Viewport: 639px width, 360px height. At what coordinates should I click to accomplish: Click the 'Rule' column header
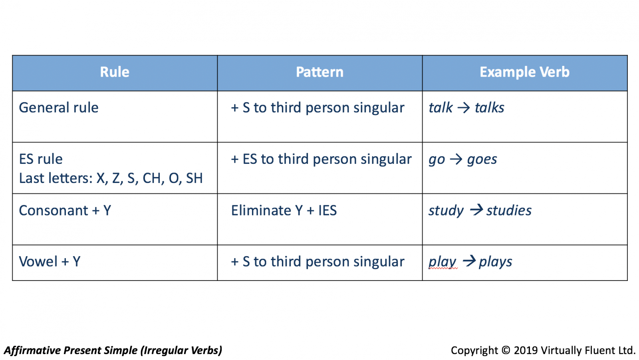click(115, 72)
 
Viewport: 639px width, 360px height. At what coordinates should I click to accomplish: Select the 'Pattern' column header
click(319, 72)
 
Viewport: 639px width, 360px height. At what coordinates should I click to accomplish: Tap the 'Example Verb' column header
click(525, 72)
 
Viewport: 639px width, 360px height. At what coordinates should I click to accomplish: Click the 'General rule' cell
click(59, 107)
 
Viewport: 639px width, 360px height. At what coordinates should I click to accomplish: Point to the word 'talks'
click(490, 107)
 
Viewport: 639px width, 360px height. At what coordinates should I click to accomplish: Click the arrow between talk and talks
click(464, 108)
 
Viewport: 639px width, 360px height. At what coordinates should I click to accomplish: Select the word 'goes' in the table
click(482, 159)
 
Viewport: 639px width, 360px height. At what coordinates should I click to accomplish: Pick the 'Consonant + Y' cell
click(65, 211)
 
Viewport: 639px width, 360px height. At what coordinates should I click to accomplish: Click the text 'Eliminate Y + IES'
click(284, 211)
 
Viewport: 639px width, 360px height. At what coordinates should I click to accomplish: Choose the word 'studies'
click(509, 211)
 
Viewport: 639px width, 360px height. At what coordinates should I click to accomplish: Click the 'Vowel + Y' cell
click(50, 261)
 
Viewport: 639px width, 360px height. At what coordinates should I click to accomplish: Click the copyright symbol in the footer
click(506, 350)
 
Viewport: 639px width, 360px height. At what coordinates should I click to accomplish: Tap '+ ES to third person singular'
click(321, 159)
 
